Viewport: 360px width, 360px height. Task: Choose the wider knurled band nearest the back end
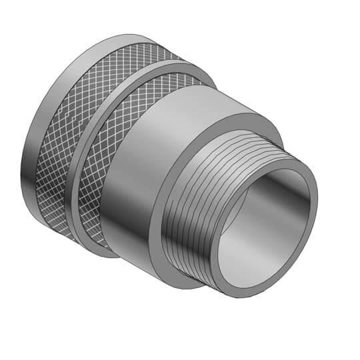coord(67,133)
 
